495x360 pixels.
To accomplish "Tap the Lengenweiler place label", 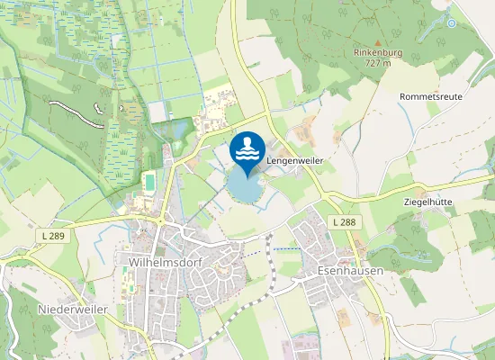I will (x=294, y=158).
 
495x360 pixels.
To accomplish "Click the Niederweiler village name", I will (x=73, y=309).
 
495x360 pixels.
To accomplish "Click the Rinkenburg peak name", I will (x=378, y=52).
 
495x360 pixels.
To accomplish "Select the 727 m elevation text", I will (x=378, y=63).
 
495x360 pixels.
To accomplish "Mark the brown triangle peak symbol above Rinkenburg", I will (x=378, y=41).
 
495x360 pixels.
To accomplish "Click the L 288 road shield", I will (x=342, y=221).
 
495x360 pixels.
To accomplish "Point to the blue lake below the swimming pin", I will (x=242, y=189).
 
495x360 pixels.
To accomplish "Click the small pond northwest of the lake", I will (x=176, y=131).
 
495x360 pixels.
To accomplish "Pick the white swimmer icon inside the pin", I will (x=247, y=148).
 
